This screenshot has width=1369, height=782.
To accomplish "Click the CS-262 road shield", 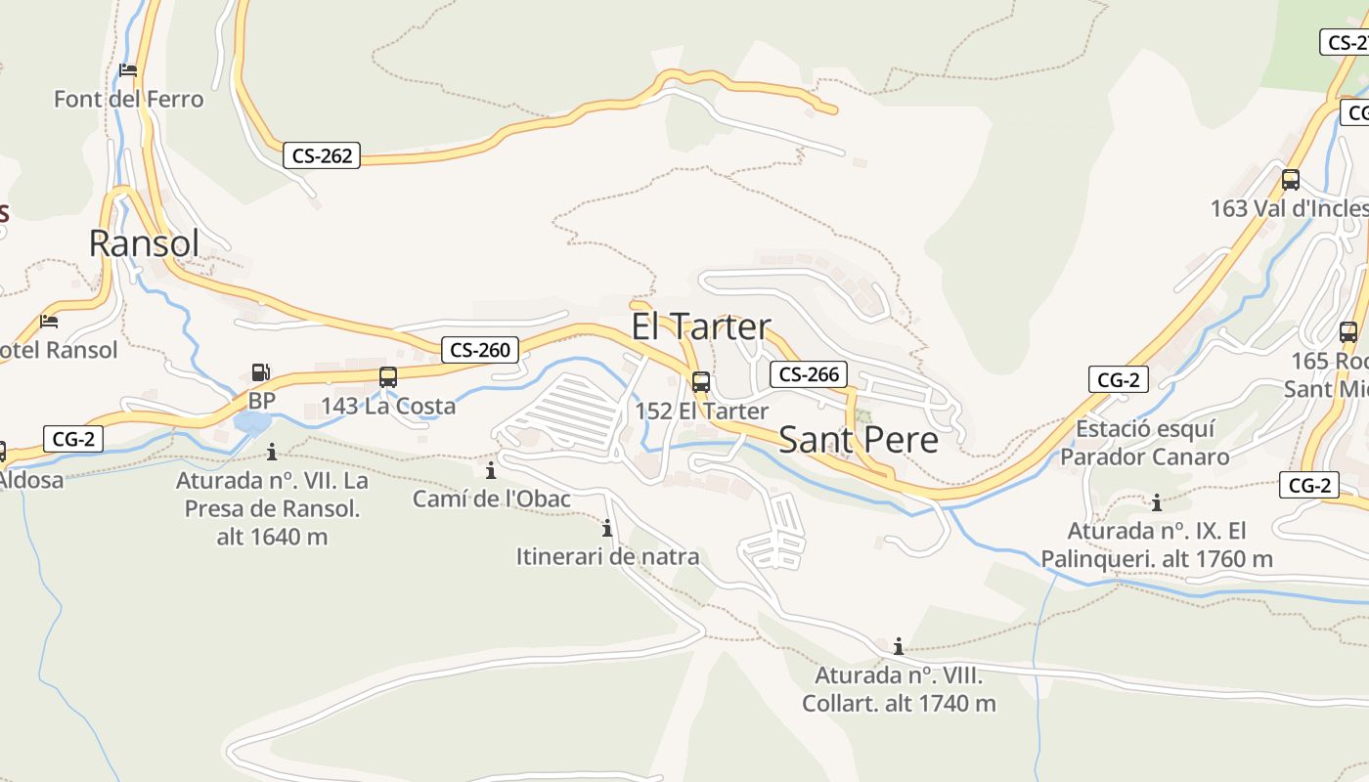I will coord(322,155).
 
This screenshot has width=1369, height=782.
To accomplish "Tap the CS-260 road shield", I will coord(480,349).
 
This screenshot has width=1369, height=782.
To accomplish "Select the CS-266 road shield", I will coord(809,373).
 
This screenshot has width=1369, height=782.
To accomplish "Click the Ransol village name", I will coord(144,243).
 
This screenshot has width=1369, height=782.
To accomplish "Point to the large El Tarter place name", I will coord(701,326).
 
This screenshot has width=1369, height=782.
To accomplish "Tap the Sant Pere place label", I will coord(859,440).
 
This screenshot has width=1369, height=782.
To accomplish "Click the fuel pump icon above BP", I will coord(260,372).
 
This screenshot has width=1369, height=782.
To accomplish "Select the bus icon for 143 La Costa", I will coord(388,377).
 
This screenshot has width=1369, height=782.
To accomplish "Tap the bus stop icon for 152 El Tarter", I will coord(701,382).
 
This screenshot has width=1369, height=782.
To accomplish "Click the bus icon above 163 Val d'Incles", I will coord(1291,180).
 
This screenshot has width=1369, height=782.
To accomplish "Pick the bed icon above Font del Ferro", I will coord(128,70).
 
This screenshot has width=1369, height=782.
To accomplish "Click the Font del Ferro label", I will coord(129,99).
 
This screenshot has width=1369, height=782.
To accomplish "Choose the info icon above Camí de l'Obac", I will coord(491,470).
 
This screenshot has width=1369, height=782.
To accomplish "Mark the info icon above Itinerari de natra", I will coord(607,529).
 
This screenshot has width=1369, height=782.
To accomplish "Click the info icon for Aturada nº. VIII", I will coord(899,646).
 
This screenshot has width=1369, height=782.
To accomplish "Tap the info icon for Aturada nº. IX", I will coord(1157,503).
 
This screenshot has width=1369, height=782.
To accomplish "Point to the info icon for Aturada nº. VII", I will coord(272,452).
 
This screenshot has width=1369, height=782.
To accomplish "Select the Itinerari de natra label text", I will coord(607,557).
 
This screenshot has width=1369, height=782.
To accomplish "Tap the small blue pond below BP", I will coord(252,423).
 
